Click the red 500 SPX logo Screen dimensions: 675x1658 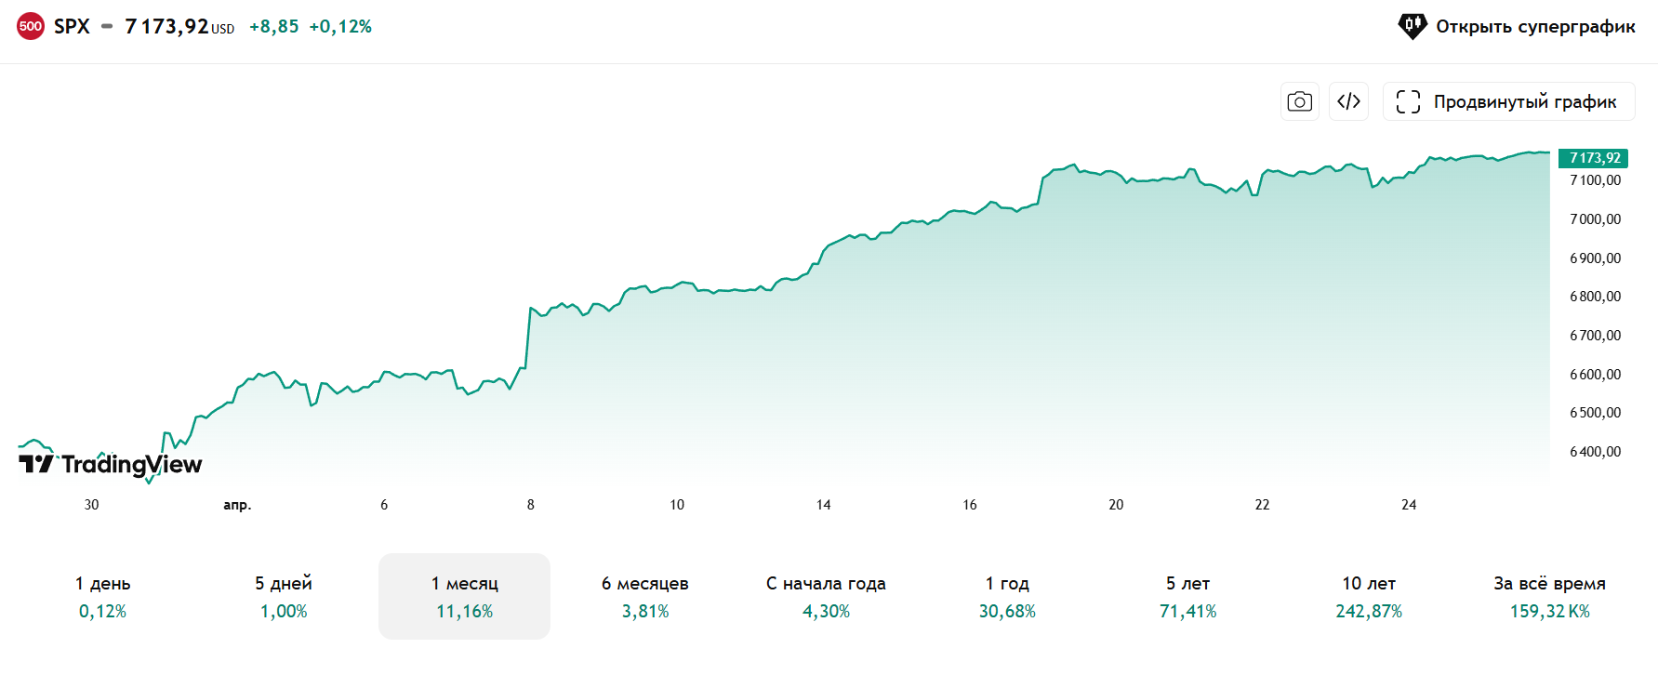31,26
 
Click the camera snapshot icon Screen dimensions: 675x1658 1299,101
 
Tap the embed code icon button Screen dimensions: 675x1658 1348,101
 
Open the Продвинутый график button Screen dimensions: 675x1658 1508,101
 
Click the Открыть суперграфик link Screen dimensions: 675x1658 1517,26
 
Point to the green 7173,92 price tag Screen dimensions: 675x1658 1594,158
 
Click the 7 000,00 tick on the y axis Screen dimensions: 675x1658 1595,219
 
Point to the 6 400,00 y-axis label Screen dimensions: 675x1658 1595,452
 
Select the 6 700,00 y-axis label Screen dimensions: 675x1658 1595,336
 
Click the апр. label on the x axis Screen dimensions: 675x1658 237,505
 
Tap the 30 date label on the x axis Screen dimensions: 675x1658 91,505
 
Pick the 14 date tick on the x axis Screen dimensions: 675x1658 823,505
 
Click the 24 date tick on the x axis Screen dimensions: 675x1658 1409,505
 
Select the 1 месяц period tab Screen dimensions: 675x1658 464,596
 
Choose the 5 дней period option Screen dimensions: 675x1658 284,596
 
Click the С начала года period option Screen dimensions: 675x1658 826,596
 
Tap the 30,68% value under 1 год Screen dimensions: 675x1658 1007,612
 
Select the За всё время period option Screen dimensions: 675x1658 1549,596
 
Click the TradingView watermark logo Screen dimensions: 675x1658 111,464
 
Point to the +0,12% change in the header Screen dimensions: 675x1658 340,27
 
